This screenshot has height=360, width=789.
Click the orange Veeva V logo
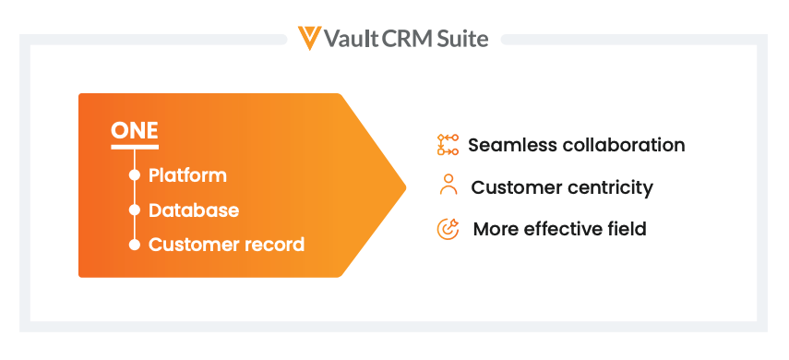pos(309,38)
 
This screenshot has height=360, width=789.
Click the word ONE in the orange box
pos(135,130)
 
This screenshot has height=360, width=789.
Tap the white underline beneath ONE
pos(135,147)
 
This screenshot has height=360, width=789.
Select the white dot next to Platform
pos(135,175)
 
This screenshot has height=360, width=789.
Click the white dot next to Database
pos(135,210)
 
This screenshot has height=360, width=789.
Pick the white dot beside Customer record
pos(135,245)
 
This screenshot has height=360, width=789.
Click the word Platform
pos(187,175)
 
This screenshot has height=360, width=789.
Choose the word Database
pos(194,210)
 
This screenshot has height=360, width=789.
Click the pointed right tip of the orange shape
pos(405,187)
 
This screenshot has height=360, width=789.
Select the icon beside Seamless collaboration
pos(448,145)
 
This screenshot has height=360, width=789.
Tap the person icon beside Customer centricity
pos(448,185)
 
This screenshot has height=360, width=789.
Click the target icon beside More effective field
pos(448,229)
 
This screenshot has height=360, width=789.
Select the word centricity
pos(610,187)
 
